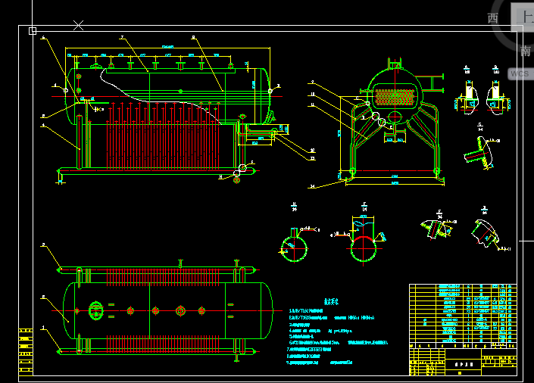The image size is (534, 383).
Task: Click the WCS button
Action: pos(520,73)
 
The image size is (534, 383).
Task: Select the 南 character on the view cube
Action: pos(526,51)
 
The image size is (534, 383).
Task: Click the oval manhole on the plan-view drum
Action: pos(96,310)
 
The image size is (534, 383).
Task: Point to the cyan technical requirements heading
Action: pos(331,300)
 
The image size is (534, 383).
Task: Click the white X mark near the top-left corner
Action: pos(78,25)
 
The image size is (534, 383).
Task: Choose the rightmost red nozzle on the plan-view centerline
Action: pos(201,310)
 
